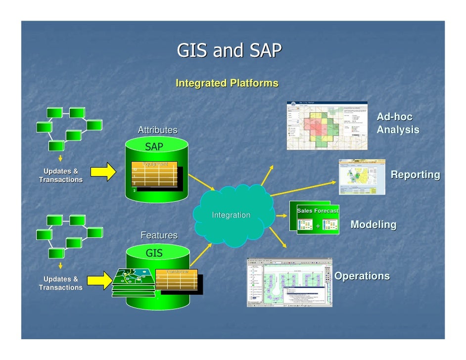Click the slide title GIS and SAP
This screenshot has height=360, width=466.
click(229, 50)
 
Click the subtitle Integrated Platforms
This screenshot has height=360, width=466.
click(227, 84)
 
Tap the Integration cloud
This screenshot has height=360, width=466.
click(231, 215)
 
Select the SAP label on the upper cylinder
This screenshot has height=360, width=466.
click(154, 146)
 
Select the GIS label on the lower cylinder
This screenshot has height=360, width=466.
click(154, 253)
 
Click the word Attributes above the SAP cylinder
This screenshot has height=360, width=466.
click(157, 130)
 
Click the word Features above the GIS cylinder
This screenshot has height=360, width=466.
click(159, 235)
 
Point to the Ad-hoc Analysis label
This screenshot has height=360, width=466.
click(397, 124)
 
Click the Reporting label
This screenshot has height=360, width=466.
click(415, 175)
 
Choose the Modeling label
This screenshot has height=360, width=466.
click(373, 225)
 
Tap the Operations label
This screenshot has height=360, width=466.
click(362, 276)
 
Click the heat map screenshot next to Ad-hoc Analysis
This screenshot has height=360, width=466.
click(327, 126)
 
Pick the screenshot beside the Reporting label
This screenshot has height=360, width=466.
click(362, 177)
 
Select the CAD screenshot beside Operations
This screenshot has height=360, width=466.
click(289, 282)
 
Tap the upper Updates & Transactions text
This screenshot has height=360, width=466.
click(61, 176)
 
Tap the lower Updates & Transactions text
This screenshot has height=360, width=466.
click(61, 283)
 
